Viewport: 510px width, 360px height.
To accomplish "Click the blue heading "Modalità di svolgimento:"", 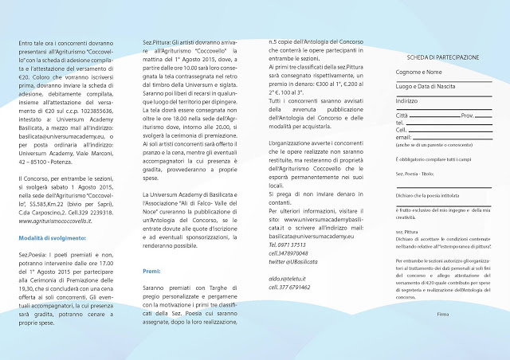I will pos(50,238).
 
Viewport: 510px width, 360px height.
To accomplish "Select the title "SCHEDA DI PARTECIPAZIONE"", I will pos(442,57).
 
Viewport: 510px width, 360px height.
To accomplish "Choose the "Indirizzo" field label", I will pos(406,100).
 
